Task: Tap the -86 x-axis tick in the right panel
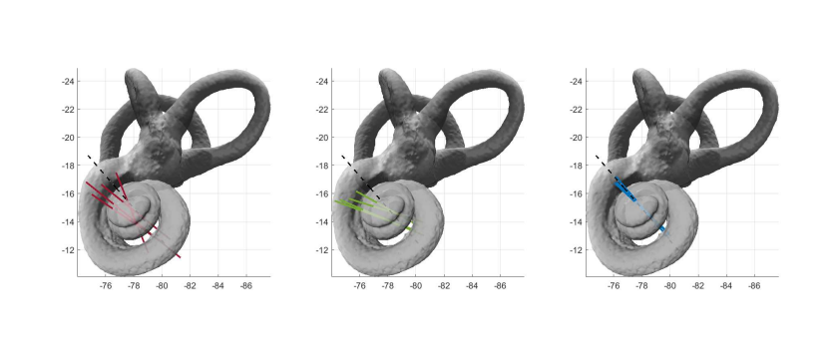[753, 286]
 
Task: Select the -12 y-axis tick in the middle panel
[321, 249]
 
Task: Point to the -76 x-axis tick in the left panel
[106, 286]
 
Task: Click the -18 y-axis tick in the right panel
[576, 166]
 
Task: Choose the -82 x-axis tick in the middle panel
[444, 286]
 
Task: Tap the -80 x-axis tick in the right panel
[670, 286]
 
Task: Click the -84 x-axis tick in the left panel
[217, 286]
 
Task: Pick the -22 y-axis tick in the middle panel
[321, 109]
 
